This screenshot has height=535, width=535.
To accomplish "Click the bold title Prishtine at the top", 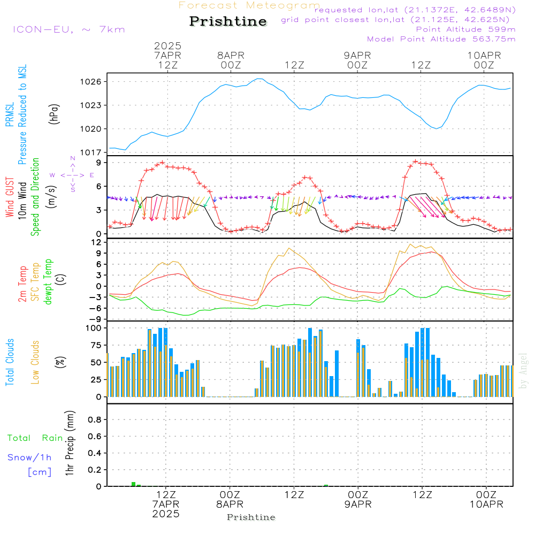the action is pyautogui.click(x=228, y=21).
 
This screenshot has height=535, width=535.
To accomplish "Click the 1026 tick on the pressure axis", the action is pyautogui.click(x=90, y=82).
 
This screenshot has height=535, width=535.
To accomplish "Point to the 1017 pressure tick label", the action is pyautogui.click(x=90, y=152).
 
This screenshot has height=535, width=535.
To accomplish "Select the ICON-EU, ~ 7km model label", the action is pyautogui.click(x=69, y=29).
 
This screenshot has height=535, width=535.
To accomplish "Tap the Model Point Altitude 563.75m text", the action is pyautogui.click(x=441, y=39).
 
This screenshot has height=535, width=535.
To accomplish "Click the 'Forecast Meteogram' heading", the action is pyautogui.click(x=249, y=5).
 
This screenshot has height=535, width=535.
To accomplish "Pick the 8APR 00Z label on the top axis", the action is pyautogui.click(x=231, y=60).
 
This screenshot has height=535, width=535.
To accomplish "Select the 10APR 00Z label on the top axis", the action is pyautogui.click(x=484, y=60).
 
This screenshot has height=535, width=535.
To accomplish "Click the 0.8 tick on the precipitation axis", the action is pyautogui.click(x=95, y=419).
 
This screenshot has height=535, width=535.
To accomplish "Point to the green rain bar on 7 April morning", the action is pyautogui.click(x=133, y=484).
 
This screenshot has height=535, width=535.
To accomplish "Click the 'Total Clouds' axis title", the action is pyautogui.click(x=10, y=362).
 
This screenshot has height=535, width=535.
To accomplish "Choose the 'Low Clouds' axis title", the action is pyautogui.click(x=35, y=362).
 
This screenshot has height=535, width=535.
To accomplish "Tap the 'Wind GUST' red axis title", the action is pyautogui.click(x=10, y=197).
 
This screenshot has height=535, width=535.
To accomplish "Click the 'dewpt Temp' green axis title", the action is pyautogui.click(x=48, y=281).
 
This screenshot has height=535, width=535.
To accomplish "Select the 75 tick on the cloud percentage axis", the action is pyautogui.click(x=96, y=345).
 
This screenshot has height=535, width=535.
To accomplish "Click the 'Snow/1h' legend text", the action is pyautogui.click(x=29, y=457).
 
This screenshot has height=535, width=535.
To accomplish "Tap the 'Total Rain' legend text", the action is pyautogui.click(x=35, y=438).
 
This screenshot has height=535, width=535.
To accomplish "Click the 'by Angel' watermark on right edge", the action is pyautogui.click(x=523, y=371).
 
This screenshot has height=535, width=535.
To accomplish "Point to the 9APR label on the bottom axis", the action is pyautogui.click(x=358, y=504).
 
